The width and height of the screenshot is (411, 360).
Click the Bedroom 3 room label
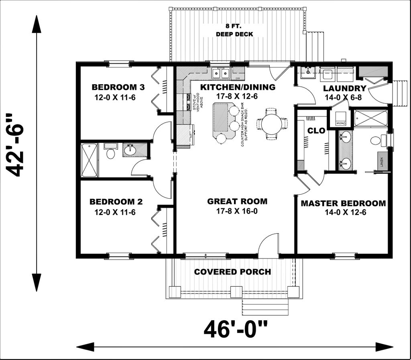113,87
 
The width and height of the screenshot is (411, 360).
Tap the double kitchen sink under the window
220,73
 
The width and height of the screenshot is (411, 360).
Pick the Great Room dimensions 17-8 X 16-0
237,211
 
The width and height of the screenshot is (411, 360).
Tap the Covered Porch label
232,272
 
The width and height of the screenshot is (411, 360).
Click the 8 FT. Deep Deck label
234,31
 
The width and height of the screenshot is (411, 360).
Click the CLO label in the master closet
313,131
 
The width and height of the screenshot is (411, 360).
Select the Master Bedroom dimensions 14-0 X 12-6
343,212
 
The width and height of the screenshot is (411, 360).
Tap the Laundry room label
344,89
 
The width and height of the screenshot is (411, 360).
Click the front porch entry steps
265,307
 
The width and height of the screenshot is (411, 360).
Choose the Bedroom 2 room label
116,202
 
